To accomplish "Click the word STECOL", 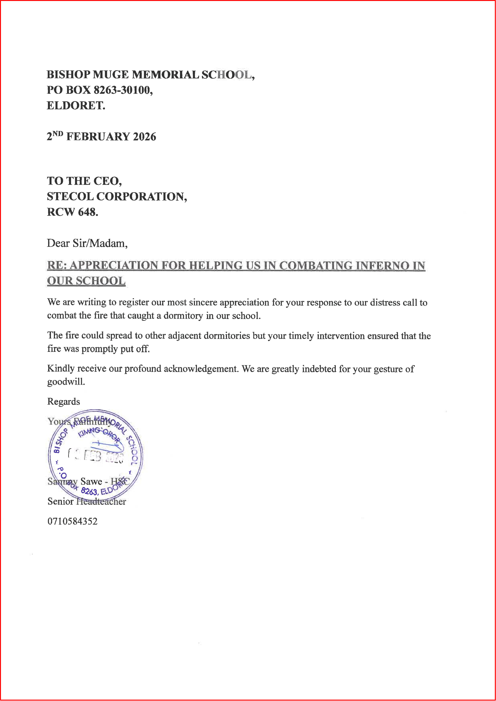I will tap(70, 196).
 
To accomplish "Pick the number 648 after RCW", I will tap(88, 212).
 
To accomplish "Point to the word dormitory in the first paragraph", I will tap(183, 316).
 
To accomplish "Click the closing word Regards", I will tap(63, 402).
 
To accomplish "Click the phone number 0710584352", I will tap(72, 521).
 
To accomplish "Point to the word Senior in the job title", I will tap(60, 501).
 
